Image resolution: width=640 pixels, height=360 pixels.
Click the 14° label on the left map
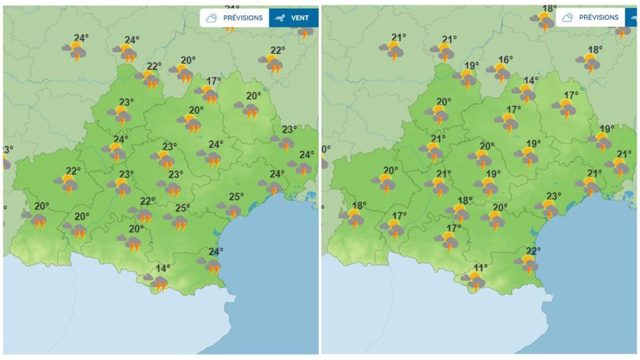point(163,269)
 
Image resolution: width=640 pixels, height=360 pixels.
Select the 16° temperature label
point(506,60)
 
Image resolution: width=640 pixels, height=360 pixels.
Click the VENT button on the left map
point(294,18)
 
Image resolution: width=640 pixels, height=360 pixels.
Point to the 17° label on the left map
point(213,81)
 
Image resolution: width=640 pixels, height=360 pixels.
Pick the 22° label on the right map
point(533,251)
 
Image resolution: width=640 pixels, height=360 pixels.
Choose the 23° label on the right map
point(553,196)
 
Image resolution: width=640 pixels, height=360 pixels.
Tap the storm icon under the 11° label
point(474,281)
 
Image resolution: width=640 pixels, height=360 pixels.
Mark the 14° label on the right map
point(531,81)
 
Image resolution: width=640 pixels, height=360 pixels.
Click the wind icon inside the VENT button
point(280,18)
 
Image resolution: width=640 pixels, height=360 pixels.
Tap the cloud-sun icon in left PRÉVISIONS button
point(211,18)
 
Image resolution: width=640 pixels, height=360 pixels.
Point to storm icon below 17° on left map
point(207,95)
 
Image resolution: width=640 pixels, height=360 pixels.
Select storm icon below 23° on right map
point(548,208)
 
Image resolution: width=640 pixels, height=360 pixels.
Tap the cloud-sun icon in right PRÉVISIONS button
point(567,17)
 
